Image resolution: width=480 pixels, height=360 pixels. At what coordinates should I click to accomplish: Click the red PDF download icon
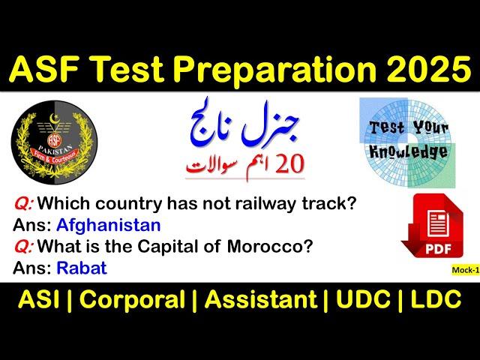[x=432, y=226]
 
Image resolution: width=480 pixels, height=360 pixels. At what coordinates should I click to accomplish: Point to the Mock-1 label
[x=466, y=270]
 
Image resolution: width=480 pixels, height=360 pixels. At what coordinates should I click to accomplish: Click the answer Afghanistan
[x=109, y=226]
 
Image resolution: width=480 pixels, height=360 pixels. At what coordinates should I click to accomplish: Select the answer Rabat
[x=82, y=268]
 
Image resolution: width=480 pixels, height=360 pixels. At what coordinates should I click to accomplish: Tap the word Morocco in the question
[x=269, y=247]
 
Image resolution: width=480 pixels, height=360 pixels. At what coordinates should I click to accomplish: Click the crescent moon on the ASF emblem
[x=54, y=118]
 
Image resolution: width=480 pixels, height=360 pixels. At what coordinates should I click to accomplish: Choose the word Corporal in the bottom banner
[x=132, y=300]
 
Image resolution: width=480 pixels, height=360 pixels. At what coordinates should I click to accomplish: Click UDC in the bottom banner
[x=363, y=300]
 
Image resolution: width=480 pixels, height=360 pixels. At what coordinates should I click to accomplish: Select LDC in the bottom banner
[x=436, y=300]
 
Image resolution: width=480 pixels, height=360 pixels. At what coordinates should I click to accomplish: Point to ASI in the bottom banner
[x=38, y=300]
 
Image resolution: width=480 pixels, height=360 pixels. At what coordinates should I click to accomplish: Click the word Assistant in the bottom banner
[x=261, y=300]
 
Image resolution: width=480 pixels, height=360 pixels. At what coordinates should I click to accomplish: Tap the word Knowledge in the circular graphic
[x=409, y=152]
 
